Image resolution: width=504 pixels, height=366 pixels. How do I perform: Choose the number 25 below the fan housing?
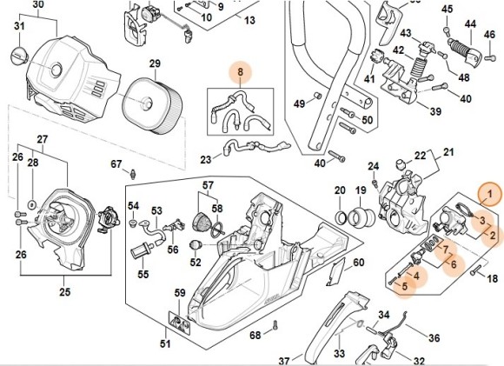pyautogui.click(x=65, y=292)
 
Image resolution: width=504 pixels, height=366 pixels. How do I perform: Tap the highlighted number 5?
pyautogui.click(x=403, y=284)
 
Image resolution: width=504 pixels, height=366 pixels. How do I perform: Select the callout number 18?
pyautogui.click(x=491, y=279)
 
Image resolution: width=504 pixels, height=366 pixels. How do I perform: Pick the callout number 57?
pyautogui.click(x=209, y=186)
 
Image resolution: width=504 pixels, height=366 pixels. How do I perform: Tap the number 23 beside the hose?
pyautogui.click(x=206, y=159)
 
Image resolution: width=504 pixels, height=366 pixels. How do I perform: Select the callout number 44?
pyautogui.click(x=469, y=23)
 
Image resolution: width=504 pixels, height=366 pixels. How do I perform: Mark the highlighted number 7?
pyautogui.click(x=447, y=250)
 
